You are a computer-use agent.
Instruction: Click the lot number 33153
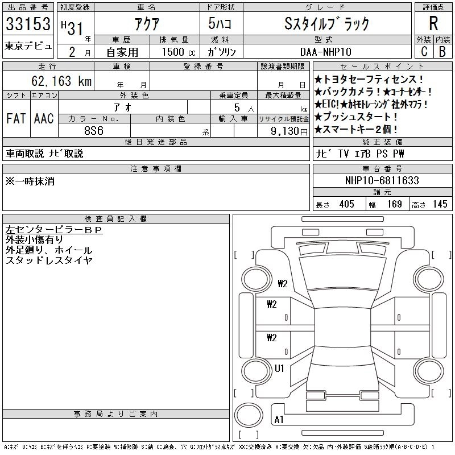[28, 24]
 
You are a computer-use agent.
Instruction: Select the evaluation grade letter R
[433, 24]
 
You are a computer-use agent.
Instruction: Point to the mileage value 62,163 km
[63, 81]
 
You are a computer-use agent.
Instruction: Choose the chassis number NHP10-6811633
[382, 181]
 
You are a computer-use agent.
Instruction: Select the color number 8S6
[94, 130]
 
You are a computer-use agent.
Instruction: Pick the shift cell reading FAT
[15, 119]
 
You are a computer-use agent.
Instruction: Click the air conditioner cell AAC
[43, 119]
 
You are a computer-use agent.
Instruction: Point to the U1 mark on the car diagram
[280, 369]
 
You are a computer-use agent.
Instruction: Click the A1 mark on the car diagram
[279, 420]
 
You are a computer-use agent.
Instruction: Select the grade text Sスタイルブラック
[327, 24]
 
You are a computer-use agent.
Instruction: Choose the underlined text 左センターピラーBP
[53, 230]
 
